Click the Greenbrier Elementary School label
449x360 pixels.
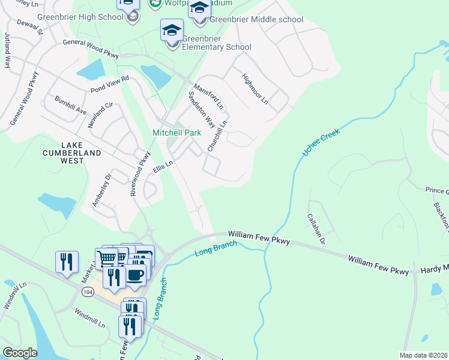click(216, 42)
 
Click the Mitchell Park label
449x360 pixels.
click(176, 132)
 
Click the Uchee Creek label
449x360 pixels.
click(321, 143)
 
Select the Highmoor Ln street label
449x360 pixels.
click(255, 88)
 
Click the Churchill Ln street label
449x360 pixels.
click(217, 136)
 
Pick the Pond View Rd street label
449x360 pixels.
click(110, 84)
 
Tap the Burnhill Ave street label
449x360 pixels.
click(70, 106)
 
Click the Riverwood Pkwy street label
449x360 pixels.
click(139, 173)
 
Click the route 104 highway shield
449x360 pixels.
click(84, 291)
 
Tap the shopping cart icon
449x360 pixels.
click(106, 258)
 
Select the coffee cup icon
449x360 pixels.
click(135, 275)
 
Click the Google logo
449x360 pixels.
click(20, 353)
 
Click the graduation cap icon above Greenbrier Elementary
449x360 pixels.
click(172, 29)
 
